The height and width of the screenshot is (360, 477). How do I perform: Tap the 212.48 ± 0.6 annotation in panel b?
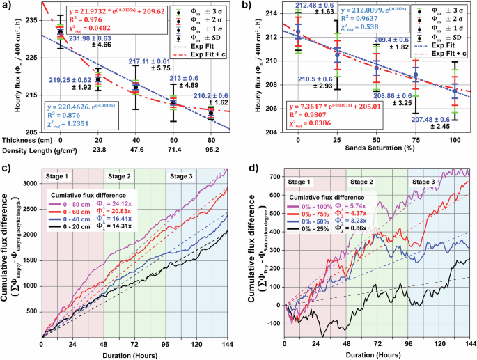pos(298,6)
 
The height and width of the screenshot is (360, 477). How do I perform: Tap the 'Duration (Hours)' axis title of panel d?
pos(379,353)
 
